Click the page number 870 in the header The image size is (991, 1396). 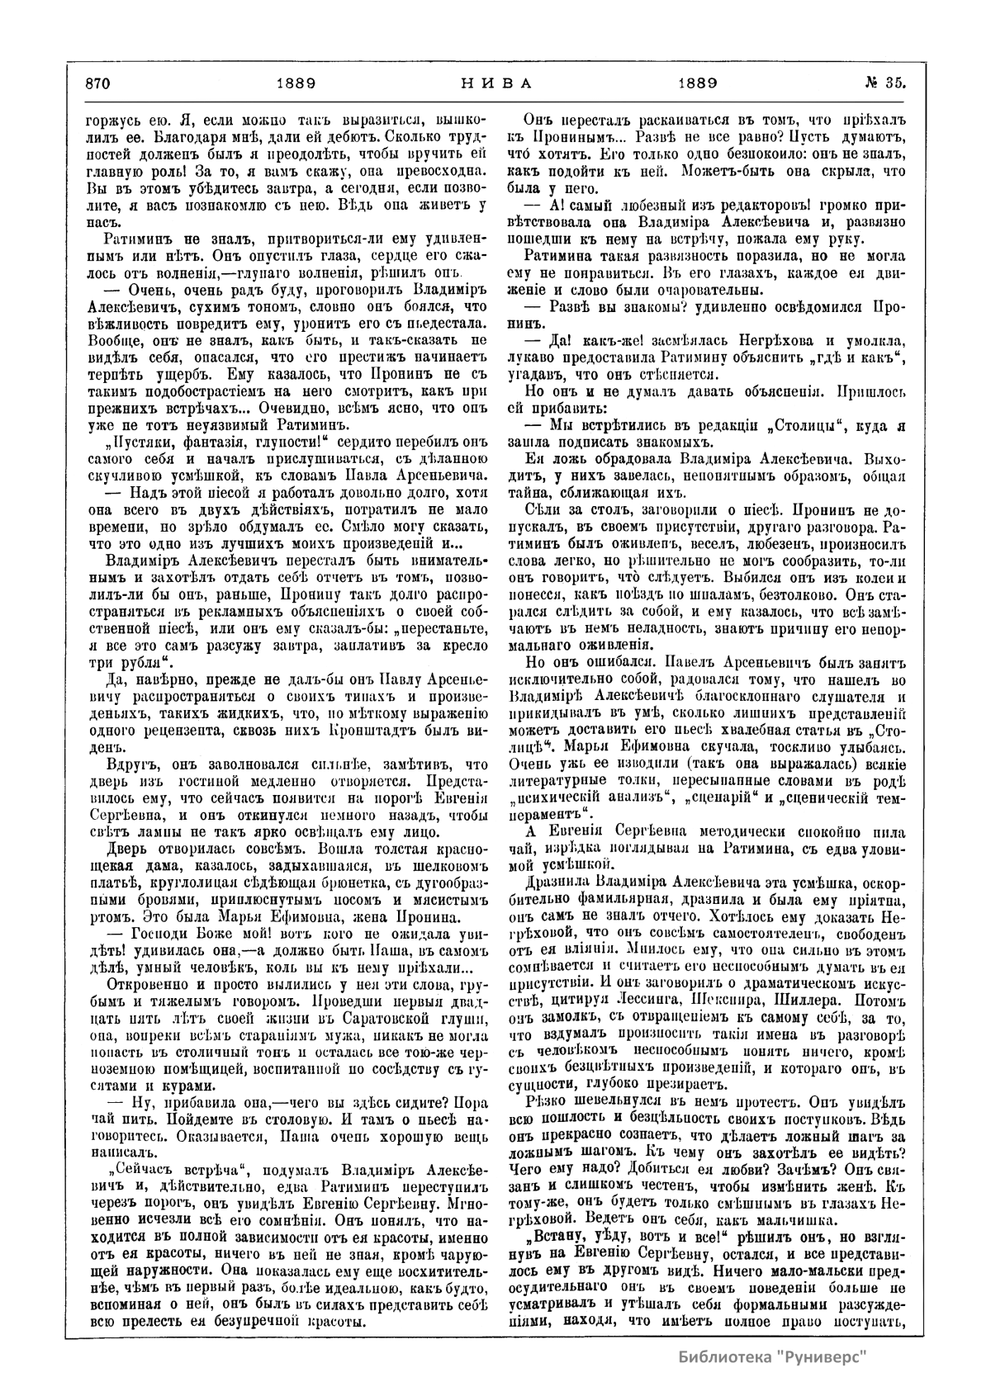[x=97, y=83]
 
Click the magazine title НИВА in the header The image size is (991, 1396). [x=495, y=83]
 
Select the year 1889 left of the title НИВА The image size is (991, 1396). [x=292, y=83]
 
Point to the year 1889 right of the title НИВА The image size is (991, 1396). [x=697, y=83]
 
